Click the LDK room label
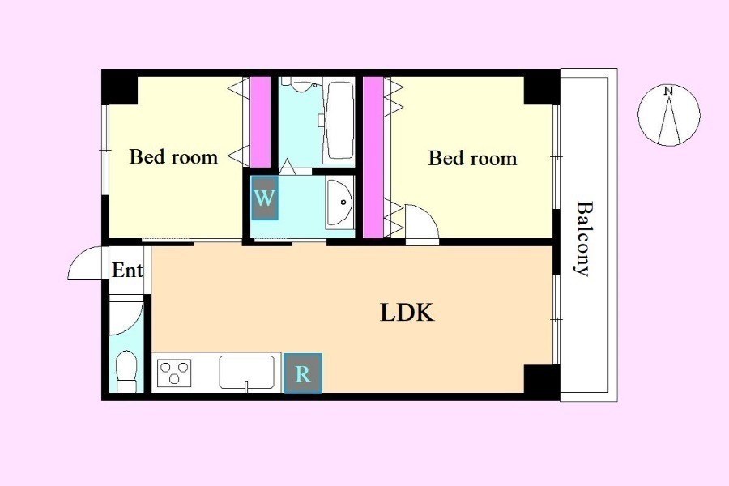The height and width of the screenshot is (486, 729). click(x=407, y=313)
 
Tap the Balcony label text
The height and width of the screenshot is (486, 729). click(x=583, y=239)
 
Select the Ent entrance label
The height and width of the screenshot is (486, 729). click(x=127, y=270)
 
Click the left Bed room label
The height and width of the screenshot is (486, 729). click(x=173, y=156)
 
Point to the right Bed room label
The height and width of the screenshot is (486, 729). click(x=472, y=158)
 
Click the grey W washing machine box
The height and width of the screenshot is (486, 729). click(x=265, y=198)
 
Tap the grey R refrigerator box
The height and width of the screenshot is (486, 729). click(x=303, y=373)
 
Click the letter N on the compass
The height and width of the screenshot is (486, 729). click(x=668, y=92)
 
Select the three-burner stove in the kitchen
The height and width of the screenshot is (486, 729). click(x=174, y=373)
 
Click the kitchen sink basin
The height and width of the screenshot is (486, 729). click(x=246, y=372)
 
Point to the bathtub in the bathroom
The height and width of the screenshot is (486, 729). click(x=339, y=122)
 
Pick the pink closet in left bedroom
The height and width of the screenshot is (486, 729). click(x=260, y=122)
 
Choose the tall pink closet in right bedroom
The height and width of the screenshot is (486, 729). click(x=373, y=157)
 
